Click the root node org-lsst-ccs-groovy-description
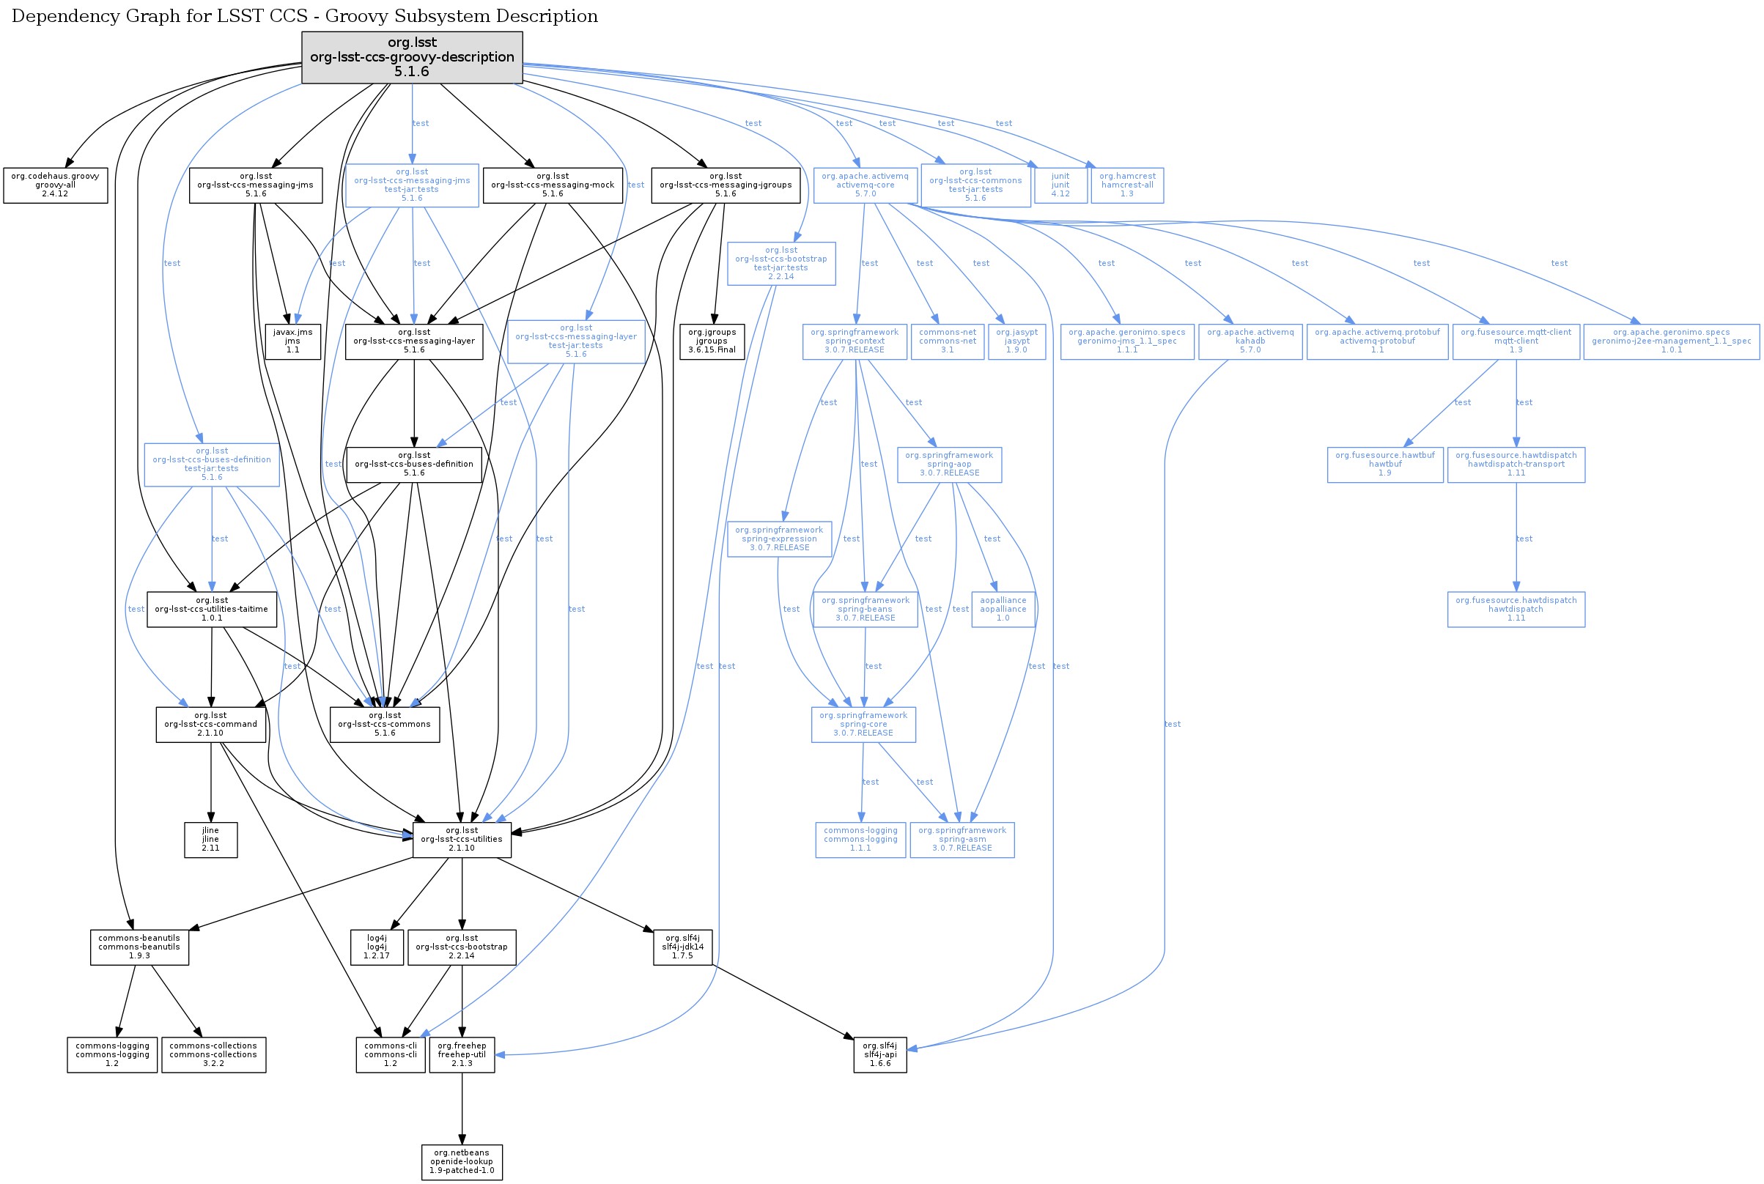click(412, 57)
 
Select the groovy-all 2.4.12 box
click(55, 185)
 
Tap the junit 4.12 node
click(1060, 185)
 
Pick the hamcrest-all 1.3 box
click(1127, 185)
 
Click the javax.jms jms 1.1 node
click(292, 341)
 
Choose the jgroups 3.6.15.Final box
click(712, 341)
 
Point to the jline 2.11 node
click(210, 839)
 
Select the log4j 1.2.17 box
click(377, 947)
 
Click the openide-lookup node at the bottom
click(462, 1162)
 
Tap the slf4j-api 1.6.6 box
click(879, 1055)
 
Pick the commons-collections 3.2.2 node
click(214, 1055)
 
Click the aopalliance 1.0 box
click(1003, 610)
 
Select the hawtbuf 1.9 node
click(1385, 465)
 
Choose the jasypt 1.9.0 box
click(1016, 341)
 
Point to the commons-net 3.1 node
click(947, 341)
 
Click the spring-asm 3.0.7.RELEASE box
click(962, 839)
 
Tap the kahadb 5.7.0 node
click(1250, 341)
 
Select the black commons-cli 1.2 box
click(391, 1055)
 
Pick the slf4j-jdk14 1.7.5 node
click(682, 947)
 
